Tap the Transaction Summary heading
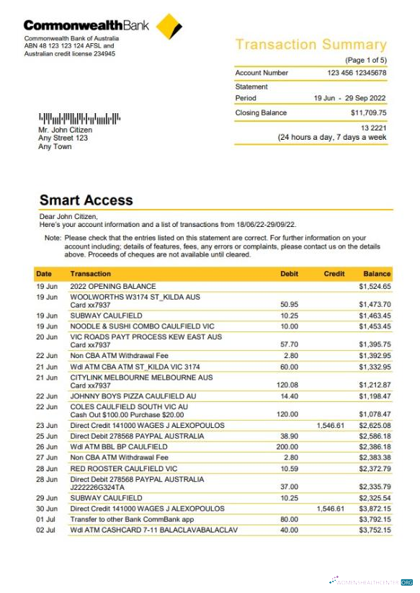click(310, 45)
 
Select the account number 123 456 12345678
click(357, 73)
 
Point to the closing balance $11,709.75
click(368, 113)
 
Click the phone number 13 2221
click(374, 128)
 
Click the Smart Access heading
click(86, 200)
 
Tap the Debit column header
click(289, 274)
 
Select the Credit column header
click(334, 274)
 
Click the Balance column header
click(377, 274)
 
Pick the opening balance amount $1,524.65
click(375, 286)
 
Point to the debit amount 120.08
click(287, 385)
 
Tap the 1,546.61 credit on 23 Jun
click(331, 425)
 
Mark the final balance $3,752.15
click(375, 530)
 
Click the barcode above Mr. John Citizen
click(79, 118)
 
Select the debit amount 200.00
click(287, 447)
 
